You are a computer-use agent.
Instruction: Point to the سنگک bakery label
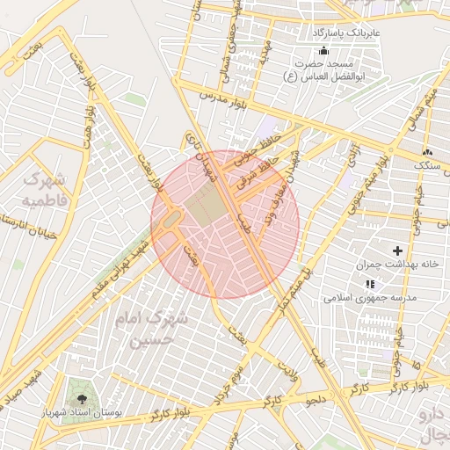coord(430,164)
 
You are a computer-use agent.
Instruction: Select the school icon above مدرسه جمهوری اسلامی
coord(369,284)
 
